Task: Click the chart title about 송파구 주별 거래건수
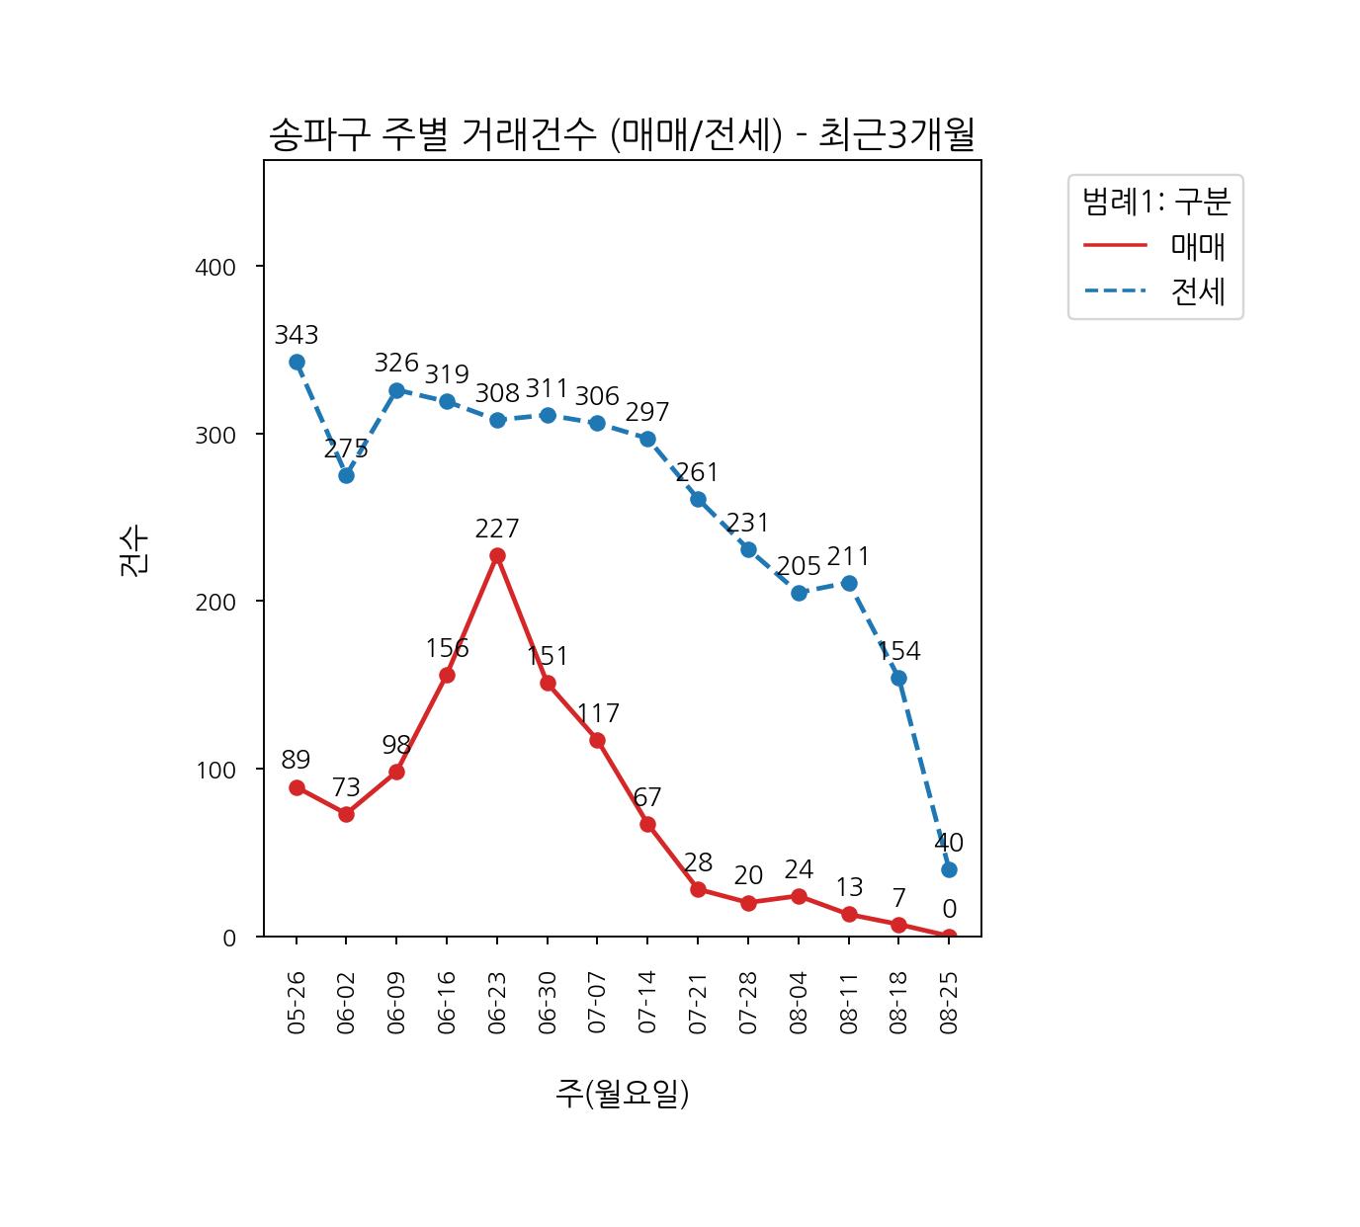622,135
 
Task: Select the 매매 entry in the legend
1198,246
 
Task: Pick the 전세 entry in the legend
1198,291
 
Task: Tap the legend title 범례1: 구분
1155,203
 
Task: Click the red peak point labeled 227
497,556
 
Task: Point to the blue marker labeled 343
297,363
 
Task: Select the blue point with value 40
949,869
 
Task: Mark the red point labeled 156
447,675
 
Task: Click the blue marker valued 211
849,583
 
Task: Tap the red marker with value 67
647,824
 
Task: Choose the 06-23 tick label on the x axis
497,1003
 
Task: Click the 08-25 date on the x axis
949,1003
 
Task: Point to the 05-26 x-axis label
297,1003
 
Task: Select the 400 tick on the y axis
215,267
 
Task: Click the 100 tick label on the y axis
215,770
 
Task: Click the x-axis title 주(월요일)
622,1094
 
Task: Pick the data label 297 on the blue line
647,412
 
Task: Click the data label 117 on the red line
598,713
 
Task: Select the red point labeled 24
799,896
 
